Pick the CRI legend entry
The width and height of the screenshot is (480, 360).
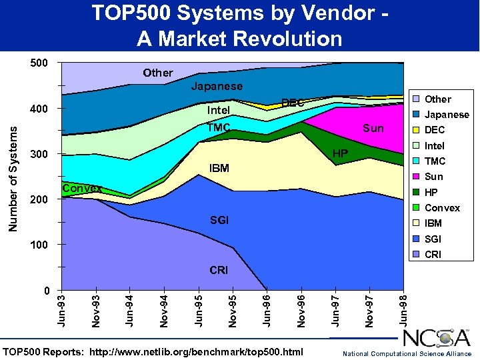coord(433,254)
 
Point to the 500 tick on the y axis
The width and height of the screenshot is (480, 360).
coord(39,63)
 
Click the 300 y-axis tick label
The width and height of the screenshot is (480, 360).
coord(39,155)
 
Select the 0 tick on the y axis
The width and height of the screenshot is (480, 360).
coord(45,291)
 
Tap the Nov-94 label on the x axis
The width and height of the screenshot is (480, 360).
coord(164,310)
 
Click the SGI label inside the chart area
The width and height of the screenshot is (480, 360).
coord(219,220)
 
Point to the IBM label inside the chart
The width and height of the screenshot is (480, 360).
coord(219,168)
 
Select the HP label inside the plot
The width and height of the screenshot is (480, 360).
coord(340,154)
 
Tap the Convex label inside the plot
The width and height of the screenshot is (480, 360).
coord(81,189)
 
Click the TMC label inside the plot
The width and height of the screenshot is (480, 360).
coord(219,128)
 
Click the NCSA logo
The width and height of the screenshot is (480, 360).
coord(437,338)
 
